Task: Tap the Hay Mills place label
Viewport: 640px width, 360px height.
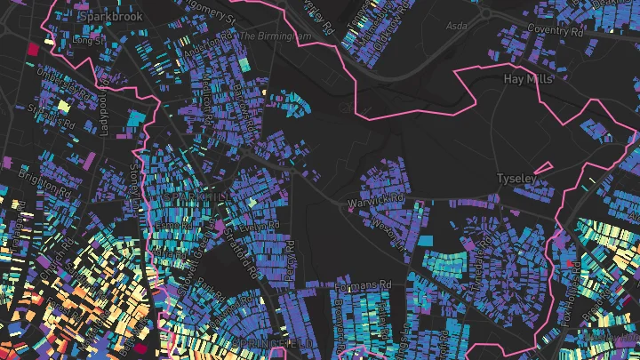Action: point(528,79)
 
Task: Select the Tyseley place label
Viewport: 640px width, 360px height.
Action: point(516,179)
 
